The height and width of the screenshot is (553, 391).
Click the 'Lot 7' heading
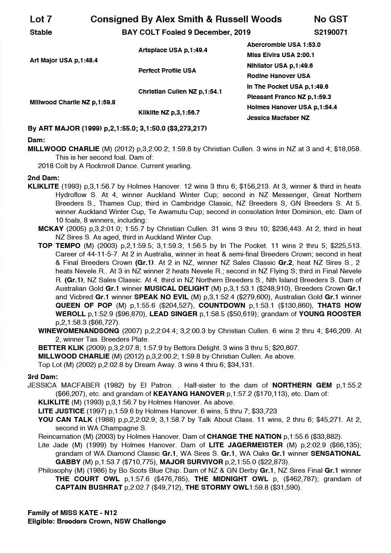[x=41, y=19]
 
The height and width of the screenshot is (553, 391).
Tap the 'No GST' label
[x=330, y=19]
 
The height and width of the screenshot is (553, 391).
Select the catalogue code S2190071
[x=330, y=32]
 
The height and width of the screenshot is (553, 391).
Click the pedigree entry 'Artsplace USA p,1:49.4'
[x=173, y=50]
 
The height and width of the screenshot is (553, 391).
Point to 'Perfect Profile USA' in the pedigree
[x=167, y=70]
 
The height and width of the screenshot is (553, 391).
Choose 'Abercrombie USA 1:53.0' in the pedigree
[x=284, y=45]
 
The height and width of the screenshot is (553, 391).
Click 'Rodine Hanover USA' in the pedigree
[x=278, y=76]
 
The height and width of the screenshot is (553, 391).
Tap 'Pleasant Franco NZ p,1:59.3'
[x=289, y=97]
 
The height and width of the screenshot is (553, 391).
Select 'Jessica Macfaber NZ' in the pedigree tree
[x=278, y=118]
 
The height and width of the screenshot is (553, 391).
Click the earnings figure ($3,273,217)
[x=185, y=128]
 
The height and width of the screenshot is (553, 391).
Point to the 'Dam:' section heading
[x=36, y=140]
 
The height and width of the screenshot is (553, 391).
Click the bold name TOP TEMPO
[x=59, y=245]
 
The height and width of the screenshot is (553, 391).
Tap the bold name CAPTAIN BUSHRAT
[x=89, y=487]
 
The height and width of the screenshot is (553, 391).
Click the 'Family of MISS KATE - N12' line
[x=72, y=513]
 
